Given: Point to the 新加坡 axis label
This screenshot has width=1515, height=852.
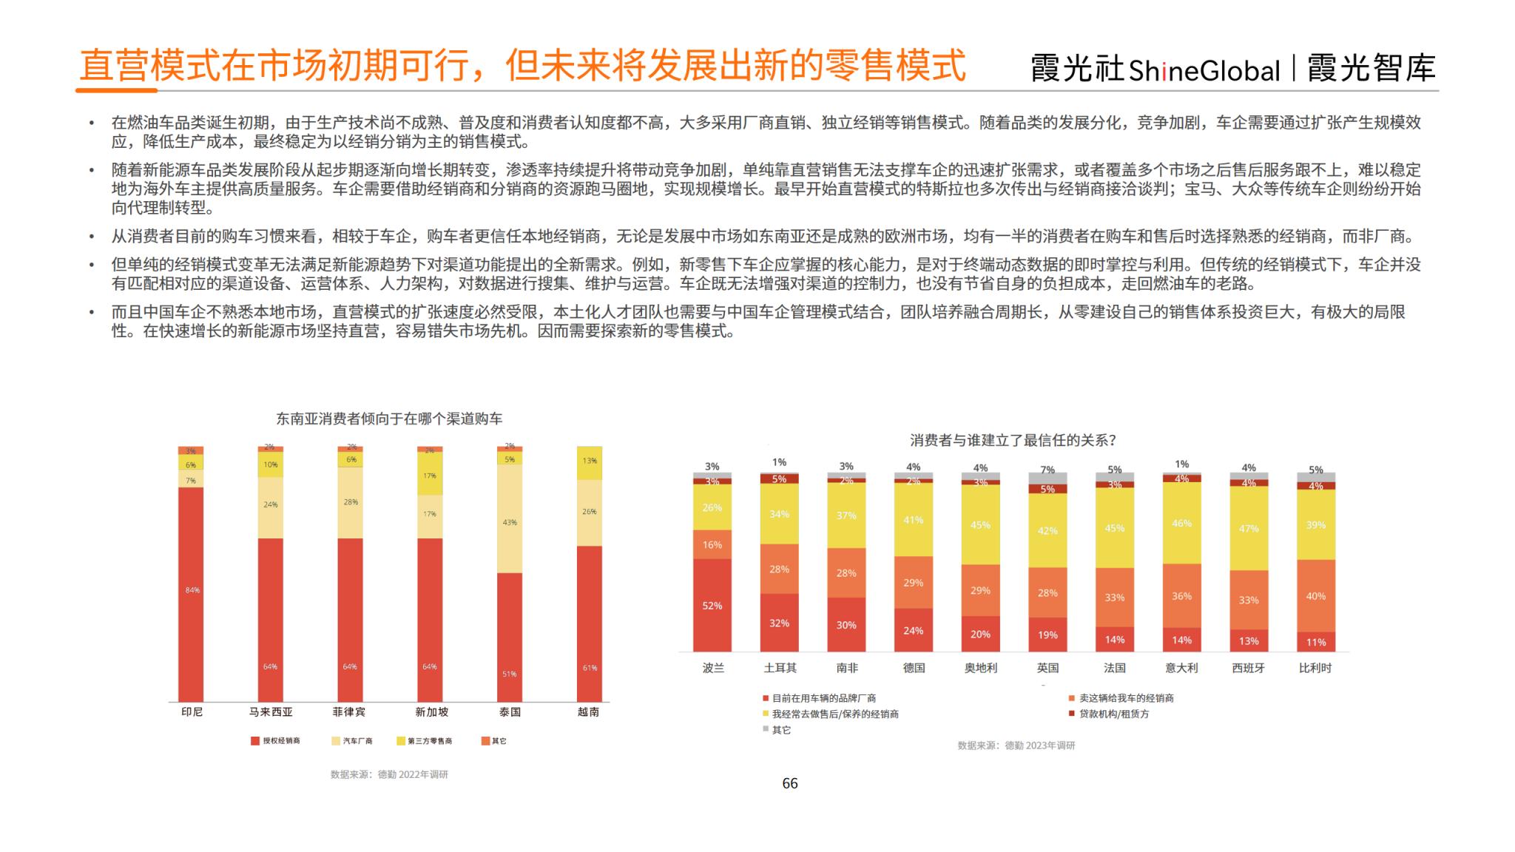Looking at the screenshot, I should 431,712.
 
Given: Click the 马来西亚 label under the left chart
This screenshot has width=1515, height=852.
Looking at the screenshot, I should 271,712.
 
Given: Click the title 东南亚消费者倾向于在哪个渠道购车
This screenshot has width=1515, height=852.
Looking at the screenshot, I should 389,419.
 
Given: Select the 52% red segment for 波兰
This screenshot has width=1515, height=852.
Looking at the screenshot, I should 712,605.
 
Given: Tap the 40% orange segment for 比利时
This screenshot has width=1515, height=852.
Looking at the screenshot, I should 1316,595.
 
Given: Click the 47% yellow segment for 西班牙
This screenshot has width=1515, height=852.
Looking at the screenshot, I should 1249,528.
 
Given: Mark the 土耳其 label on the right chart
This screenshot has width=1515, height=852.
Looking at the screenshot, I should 780,668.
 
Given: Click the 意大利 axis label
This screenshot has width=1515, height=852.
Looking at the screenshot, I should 1181,668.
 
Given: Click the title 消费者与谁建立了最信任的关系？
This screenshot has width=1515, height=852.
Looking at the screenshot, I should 1013,441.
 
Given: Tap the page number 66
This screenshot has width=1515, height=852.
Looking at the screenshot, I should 790,784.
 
